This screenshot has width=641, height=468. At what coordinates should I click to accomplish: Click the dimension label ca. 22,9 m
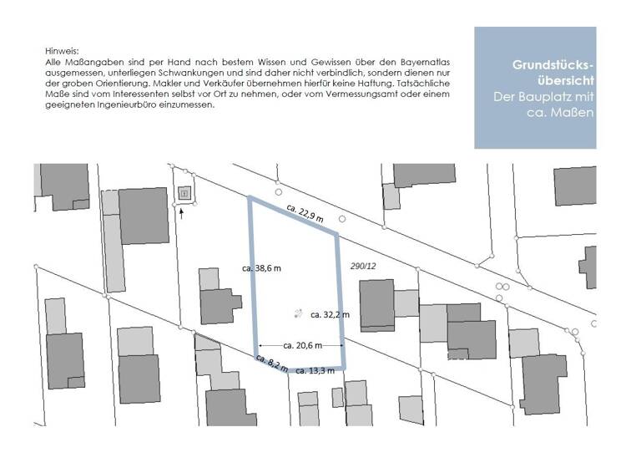click(304, 209)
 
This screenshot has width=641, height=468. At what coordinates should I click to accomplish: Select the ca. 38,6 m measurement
click(261, 268)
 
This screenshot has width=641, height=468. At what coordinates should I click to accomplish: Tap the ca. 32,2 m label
click(330, 315)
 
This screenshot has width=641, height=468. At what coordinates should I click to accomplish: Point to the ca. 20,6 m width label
click(300, 344)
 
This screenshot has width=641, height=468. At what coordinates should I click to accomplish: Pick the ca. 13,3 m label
click(315, 371)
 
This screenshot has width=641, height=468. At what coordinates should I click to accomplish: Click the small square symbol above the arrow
click(184, 193)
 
